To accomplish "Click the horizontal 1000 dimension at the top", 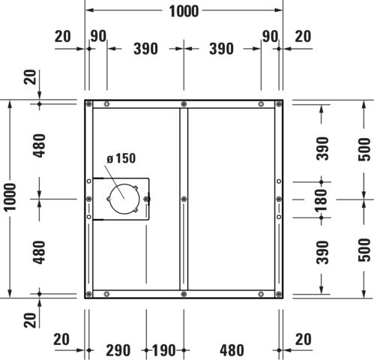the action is coord(184,11).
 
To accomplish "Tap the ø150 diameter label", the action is coord(121,158).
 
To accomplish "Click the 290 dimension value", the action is coord(118,350).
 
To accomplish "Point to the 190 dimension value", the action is coord(163,350).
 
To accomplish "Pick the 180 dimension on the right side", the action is coord(322,200).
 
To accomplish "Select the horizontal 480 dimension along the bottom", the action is coord(232,350).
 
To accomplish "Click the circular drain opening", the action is coord(124,199).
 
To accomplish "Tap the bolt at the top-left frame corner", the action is coord(88,103).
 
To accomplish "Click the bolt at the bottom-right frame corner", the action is coord(279,294).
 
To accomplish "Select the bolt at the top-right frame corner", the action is coord(279,103).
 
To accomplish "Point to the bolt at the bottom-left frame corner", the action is coord(88,294).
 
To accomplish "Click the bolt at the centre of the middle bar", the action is coord(184,199).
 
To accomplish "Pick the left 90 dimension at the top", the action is coord(98,36).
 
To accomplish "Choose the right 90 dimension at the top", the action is coord(270,36).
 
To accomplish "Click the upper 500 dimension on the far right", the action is coord(364,149).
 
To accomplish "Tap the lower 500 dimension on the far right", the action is coord(364,250).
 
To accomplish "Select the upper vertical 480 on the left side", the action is coord(40,145).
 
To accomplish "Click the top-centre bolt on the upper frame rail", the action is coord(184,103).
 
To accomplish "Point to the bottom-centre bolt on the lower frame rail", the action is coord(184,294).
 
